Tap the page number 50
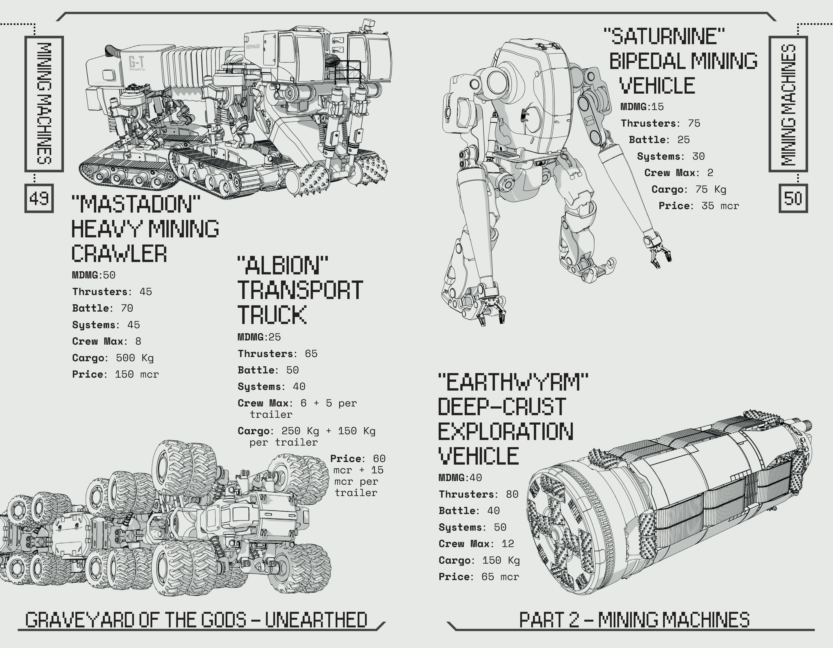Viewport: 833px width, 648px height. click(793, 198)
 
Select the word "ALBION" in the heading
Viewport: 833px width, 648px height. click(282, 266)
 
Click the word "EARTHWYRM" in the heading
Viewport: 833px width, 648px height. click(513, 383)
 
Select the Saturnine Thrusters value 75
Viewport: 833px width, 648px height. click(694, 123)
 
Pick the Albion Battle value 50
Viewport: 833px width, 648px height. click(293, 370)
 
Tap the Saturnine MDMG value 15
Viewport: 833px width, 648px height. click(657, 107)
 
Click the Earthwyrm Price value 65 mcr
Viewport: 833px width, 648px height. click(500, 577)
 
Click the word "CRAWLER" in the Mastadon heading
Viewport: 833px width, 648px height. click(119, 254)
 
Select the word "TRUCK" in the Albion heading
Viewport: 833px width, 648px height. click(272, 315)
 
